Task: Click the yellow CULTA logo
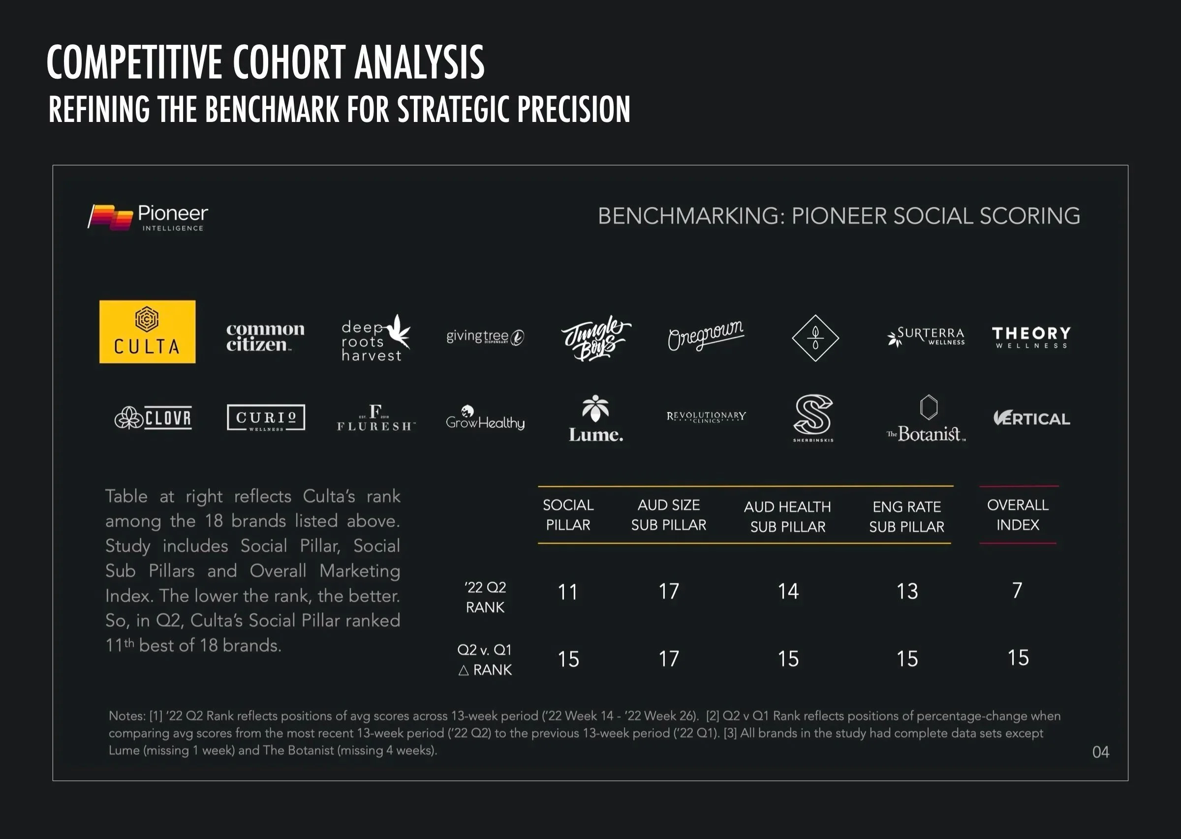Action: click(x=147, y=331)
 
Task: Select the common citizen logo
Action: click(x=265, y=337)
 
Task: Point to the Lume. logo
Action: click(x=595, y=419)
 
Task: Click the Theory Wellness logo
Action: click(x=1031, y=337)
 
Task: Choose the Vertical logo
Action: click(x=1031, y=418)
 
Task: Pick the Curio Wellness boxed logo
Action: click(x=266, y=418)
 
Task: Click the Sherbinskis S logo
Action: click(x=813, y=418)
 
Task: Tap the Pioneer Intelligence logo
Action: click(x=148, y=217)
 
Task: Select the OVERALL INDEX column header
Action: click(x=1018, y=514)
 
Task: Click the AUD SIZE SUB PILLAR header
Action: click(x=668, y=514)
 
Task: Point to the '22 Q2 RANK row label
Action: click(x=485, y=597)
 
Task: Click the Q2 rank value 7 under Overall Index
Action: click(x=1017, y=590)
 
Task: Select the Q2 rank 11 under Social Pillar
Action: click(x=567, y=592)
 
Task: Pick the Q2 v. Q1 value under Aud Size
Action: click(x=668, y=659)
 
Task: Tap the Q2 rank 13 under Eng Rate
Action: click(x=907, y=592)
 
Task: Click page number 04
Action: click(x=1100, y=751)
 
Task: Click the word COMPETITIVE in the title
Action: click(x=134, y=62)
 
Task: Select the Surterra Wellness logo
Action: click(x=926, y=336)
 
